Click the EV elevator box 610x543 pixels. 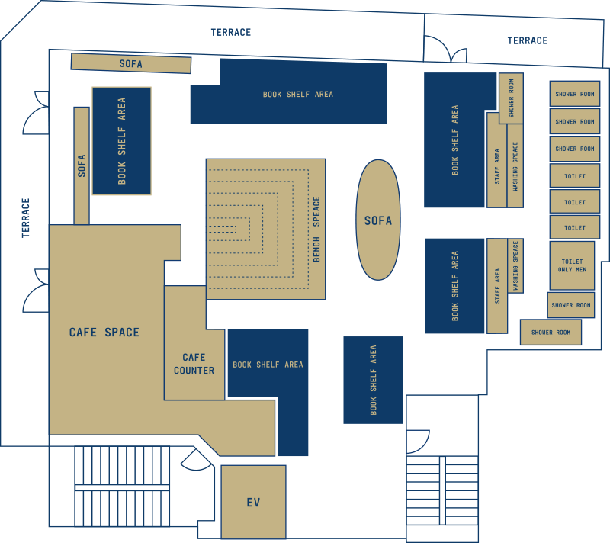[x=253, y=502]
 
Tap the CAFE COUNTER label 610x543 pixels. [x=194, y=364]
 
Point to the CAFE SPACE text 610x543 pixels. [x=104, y=333]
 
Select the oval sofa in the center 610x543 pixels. [x=378, y=220]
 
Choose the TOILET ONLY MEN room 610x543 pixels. [x=572, y=265]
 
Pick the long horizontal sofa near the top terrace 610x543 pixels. [x=130, y=64]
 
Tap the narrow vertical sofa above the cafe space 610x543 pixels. [x=82, y=166]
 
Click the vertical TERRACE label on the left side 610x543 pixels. [x=25, y=218]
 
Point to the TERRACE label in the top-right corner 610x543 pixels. [x=527, y=40]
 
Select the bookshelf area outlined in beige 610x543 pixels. [x=121, y=141]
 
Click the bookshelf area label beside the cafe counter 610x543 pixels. [x=268, y=365]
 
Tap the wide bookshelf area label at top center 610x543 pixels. [x=298, y=95]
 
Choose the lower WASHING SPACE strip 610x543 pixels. [x=515, y=266]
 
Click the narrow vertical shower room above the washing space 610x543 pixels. [x=511, y=98]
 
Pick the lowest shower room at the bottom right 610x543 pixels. [x=551, y=333]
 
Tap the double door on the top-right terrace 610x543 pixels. [x=457, y=56]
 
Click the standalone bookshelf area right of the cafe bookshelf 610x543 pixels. [x=373, y=380]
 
